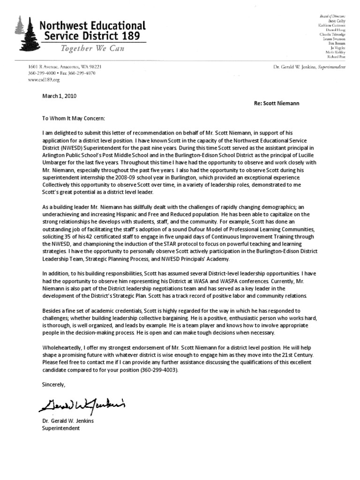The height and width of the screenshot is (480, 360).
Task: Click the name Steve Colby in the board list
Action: point(335,21)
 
